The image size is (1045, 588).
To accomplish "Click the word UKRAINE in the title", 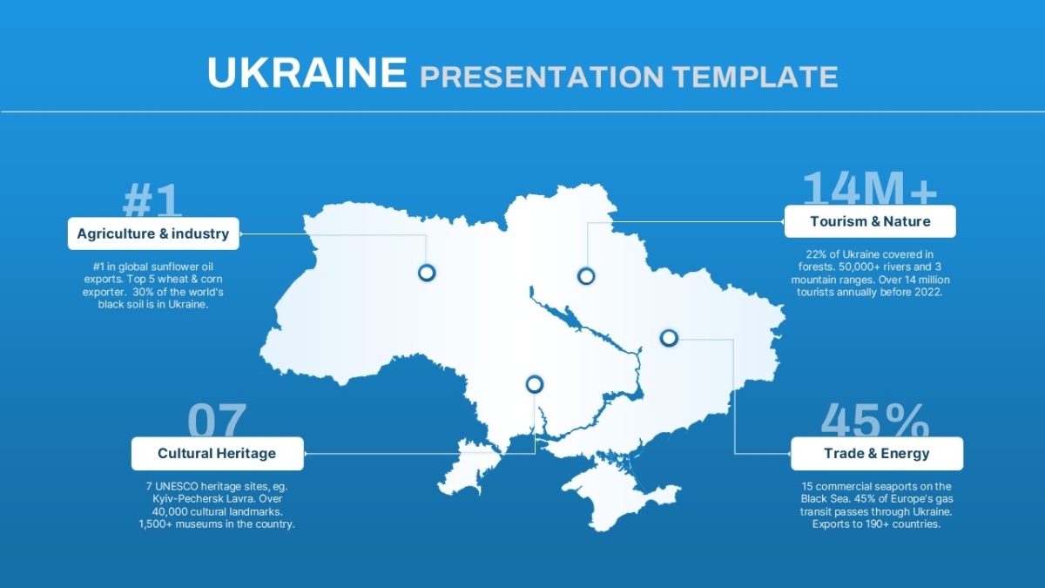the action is point(307,72).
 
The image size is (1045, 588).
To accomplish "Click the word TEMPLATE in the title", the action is point(756,77).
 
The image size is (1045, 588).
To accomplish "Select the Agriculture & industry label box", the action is point(153,233).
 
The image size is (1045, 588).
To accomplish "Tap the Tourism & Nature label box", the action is point(870,221).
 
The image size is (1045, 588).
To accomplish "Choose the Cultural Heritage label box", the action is point(218,453).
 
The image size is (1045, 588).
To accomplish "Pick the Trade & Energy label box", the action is point(877,453).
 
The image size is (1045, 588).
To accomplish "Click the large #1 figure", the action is point(152,200).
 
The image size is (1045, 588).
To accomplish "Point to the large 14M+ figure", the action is point(870,187).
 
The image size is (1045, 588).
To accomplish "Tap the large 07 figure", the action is point(217,420).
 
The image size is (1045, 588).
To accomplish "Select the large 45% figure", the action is point(875,420).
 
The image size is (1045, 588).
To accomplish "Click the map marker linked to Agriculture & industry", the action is point(427,273).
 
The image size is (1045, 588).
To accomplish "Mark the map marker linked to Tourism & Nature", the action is point(586,276).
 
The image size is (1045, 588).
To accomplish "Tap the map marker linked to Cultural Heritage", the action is point(535,384).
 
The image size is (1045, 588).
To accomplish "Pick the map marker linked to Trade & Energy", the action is point(669,338).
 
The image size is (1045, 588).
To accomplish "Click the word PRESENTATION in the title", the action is point(542,77).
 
